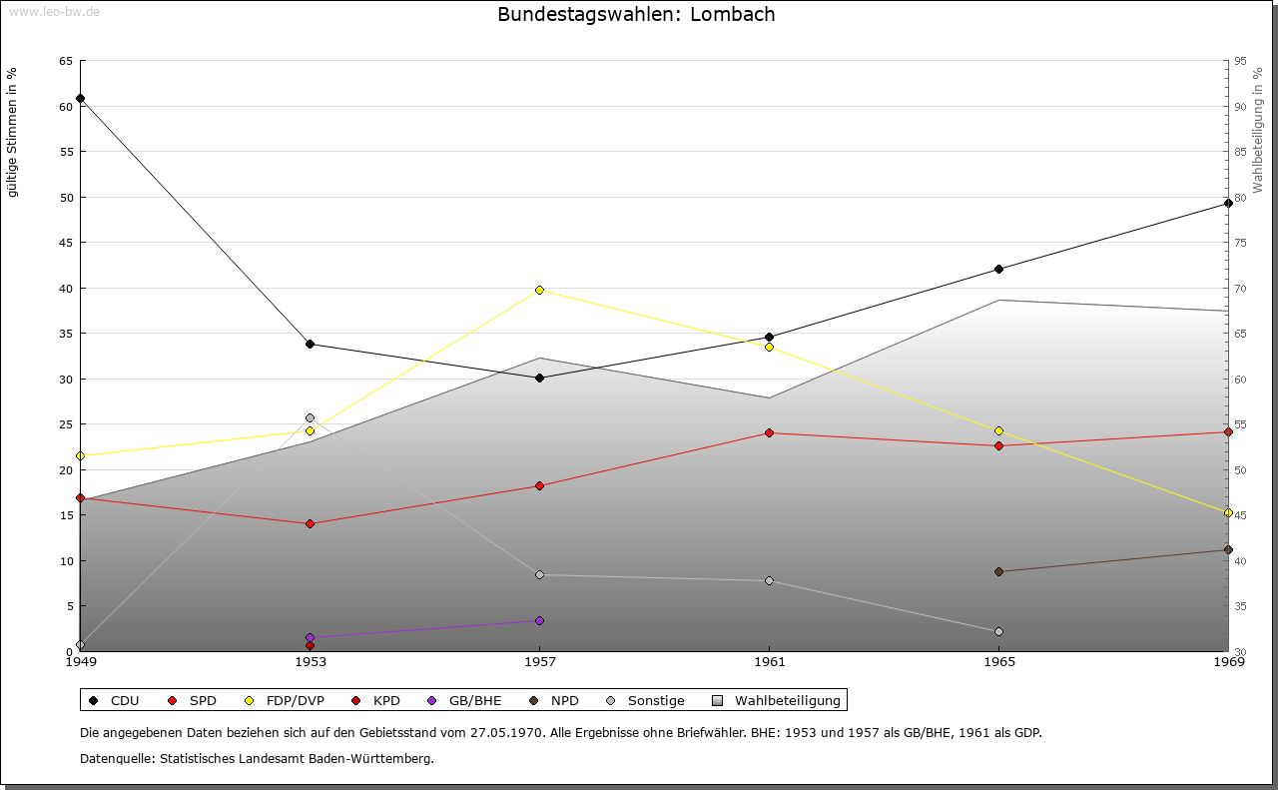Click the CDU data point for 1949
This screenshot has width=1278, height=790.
point(81,99)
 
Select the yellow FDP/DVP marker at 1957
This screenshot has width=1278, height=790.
point(540,290)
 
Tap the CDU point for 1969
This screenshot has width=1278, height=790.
point(1228,203)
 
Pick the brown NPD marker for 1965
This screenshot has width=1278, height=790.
point(999,571)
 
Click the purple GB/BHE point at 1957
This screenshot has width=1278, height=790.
point(540,620)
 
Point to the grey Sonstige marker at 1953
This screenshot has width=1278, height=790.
point(311,417)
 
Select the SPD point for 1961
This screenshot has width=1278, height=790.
point(769,432)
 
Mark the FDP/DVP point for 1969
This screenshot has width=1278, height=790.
point(1228,512)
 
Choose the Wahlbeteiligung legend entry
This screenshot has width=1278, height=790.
point(777,700)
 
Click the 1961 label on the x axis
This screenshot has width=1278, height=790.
point(770,662)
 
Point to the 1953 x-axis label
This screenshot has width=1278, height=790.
point(311,662)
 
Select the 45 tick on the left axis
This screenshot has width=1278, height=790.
point(67,243)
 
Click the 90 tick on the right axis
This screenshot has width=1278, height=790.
point(1241,107)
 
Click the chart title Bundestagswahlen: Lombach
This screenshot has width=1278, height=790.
point(636,14)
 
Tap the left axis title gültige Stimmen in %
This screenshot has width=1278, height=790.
point(12,133)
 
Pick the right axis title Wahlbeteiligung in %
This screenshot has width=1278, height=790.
point(1258,130)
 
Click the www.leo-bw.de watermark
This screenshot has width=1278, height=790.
point(54,11)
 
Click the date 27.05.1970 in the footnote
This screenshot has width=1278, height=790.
point(505,732)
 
